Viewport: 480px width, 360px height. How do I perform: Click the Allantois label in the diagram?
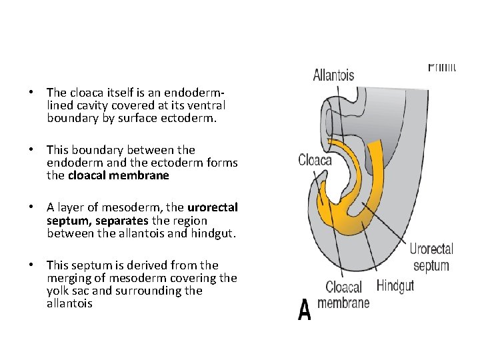tap(333, 75)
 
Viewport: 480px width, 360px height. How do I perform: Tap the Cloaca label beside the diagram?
tap(316, 160)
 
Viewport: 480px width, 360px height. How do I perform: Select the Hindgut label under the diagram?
tap(395, 286)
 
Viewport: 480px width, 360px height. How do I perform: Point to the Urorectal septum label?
tap(431, 257)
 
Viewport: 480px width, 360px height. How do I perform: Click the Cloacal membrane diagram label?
tap(343, 295)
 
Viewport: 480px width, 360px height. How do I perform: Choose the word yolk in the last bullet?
tap(60, 291)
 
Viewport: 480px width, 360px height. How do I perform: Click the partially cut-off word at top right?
tap(441, 67)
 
